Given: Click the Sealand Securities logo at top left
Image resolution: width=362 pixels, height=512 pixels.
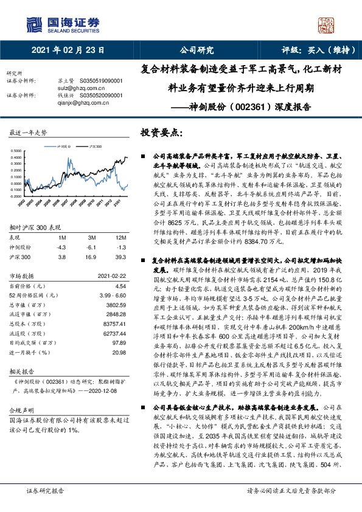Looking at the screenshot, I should [x=61, y=24].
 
